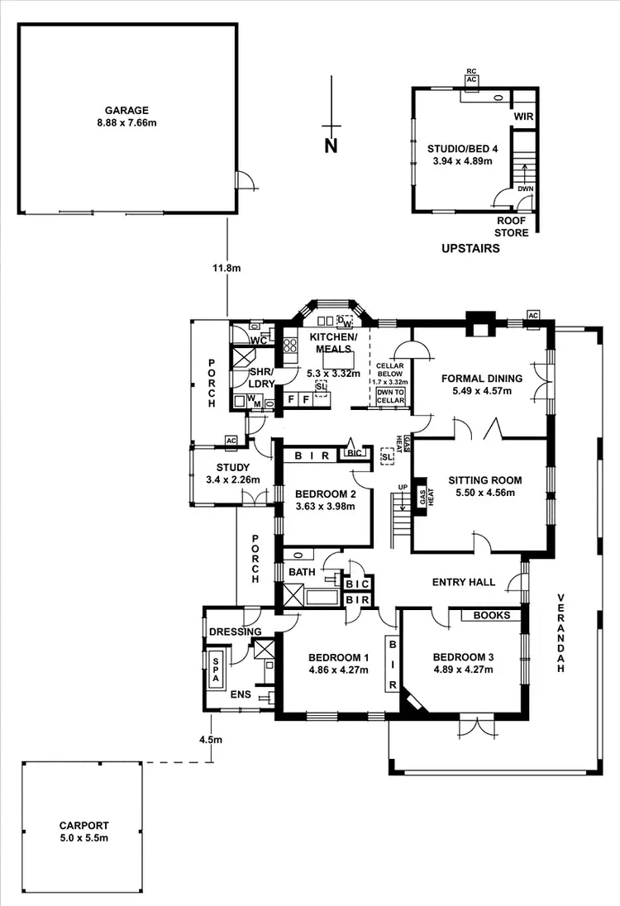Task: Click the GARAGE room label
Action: (126, 110)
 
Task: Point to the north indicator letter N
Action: (331, 147)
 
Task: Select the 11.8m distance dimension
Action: (226, 268)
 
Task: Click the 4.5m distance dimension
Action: (212, 740)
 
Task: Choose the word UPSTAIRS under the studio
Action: (470, 247)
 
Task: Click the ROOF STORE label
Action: (512, 226)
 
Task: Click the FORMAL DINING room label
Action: (482, 379)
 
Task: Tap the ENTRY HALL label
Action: (464, 582)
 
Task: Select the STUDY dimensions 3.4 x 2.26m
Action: (232, 479)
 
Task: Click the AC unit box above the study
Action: (231, 440)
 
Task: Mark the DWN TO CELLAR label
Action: (390, 397)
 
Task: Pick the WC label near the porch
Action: (257, 341)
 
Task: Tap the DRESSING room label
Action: (235, 632)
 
